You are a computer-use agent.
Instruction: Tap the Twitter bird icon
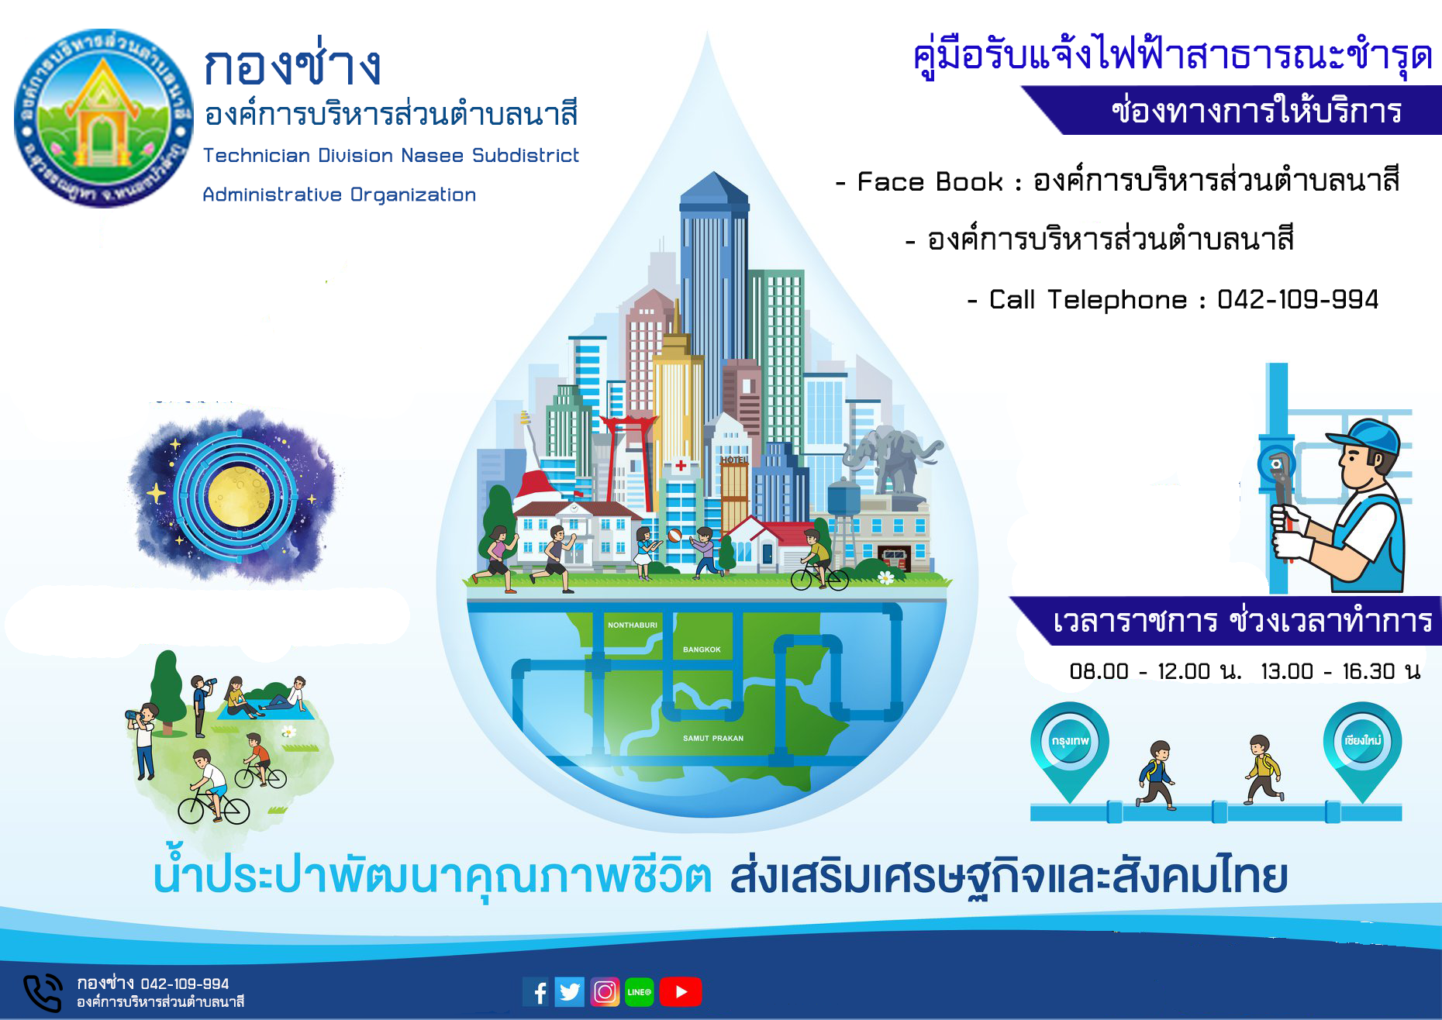click(x=570, y=992)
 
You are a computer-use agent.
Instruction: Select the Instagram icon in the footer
click(x=605, y=992)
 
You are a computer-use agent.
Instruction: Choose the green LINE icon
click(x=639, y=992)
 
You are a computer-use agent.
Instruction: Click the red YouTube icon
click(x=681, y=992)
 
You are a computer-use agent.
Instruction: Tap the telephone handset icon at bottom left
click(x=42, y=993)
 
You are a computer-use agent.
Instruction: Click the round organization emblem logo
click(x=104, y=118)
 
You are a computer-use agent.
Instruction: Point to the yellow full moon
click(x=240, y=495)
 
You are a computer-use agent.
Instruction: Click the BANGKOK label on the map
click(x=702, y=650)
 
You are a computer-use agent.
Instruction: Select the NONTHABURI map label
click(x=633, y=625)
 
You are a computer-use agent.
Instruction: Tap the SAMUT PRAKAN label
click(x=713, y=738)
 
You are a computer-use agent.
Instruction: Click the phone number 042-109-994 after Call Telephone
click(x=1298, y=299)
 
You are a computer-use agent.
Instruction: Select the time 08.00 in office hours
click(x=1099, y=671)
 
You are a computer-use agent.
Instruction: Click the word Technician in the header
click(x=256, y=155)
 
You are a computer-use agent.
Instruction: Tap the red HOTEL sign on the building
click(x=734, y=460)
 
